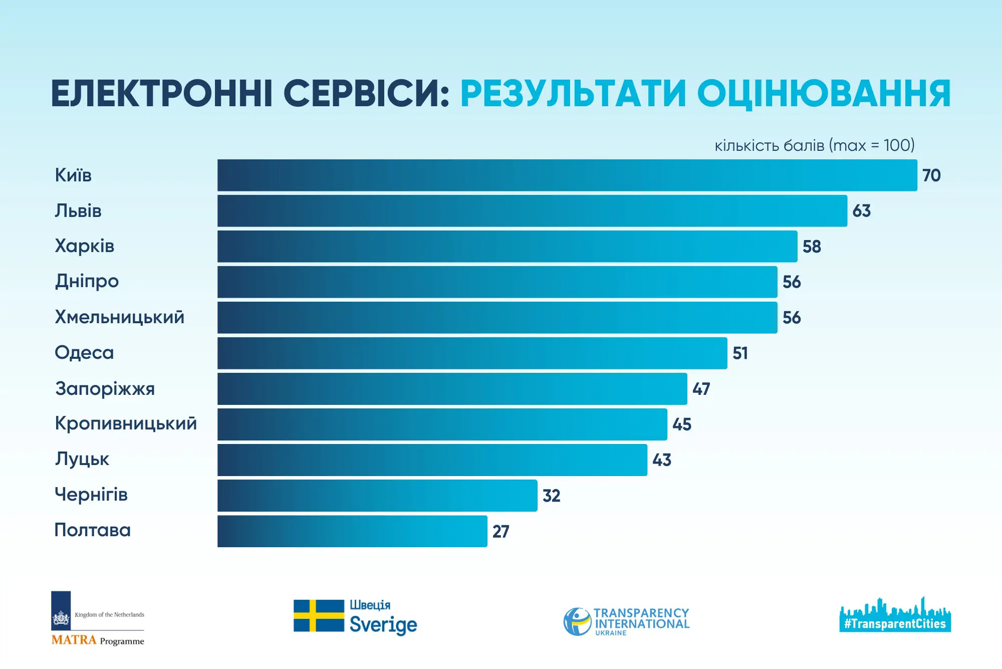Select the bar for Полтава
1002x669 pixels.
coord(352,531)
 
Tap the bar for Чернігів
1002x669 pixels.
coord(377,496)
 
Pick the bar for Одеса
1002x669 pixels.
coord(472,353)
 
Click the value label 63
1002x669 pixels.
coord(861,211)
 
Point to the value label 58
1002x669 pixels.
coord(812,247)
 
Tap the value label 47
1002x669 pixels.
coord(701,389)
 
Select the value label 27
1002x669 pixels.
coord(500,531)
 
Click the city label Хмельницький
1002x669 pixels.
coord(119,317)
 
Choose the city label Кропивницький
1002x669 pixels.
coord(126,424)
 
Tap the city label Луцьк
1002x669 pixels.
coord(82,460)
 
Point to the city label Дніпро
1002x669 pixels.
coord(87,282)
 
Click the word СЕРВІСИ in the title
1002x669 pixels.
coord(366,94)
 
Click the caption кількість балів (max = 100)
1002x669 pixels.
coord(814,145)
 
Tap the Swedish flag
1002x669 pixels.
coord(319,615)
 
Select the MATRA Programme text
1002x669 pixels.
coord(98,640)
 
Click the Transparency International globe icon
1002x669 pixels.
coord(577,621)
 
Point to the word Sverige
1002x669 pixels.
coord(383,625)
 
